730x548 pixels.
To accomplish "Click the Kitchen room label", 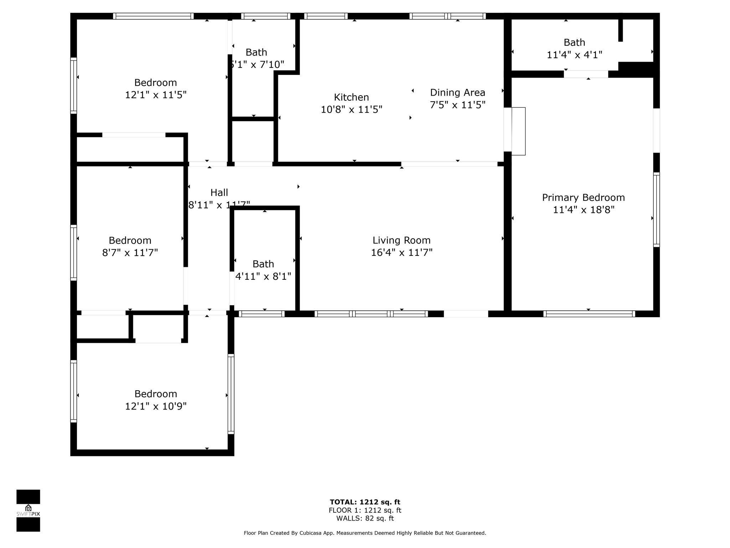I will click(x=351, y=97).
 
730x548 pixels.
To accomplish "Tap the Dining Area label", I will click(x=457, y=92).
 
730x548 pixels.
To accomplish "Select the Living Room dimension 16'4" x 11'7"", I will click(x=402, y=253).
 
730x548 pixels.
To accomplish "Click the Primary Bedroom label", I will click(x=583, y=197).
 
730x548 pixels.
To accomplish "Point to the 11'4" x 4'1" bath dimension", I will click(x=574, y=55).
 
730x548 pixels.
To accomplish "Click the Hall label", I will click(x=219, y=193).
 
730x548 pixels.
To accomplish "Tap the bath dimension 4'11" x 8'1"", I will click(x=263, y=276).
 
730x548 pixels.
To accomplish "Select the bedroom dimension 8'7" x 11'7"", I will click(x=130, y=253).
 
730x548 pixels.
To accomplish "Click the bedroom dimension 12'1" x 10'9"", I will click(x=155, y=406).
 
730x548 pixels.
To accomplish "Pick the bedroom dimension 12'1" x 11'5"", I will click(x=155, y=95).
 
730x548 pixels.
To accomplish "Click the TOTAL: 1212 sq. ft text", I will click(x=365, y=502).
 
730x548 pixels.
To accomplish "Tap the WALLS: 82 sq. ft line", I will click(x=365, y=518).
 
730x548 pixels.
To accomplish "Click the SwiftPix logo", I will click(x=28, y=511).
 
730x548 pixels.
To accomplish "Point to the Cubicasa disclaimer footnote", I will click(x=365, y=533).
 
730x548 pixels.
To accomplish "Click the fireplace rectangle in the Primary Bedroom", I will click(x=518, y=131).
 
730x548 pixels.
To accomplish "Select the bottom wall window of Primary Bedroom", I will click(x=589, y=314).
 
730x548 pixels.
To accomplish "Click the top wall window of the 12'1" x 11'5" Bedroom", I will click(x=153, y=16).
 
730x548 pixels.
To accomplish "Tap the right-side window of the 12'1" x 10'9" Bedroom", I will click(x=231, y=394).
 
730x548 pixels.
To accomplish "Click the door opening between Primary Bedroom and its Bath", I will click(x=586, y=74).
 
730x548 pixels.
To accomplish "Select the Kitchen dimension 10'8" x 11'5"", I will click(x=351, y=110).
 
